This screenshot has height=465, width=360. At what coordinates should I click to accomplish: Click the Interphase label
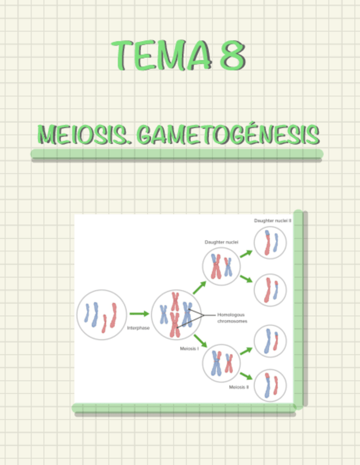click(x=138, y=328)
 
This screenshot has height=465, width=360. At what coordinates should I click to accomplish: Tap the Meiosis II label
click(x=239, y=387)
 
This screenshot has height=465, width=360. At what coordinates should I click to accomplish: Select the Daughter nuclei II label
click(x=273, y=220)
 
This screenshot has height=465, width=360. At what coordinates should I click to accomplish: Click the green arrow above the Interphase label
click(x=139, y=314)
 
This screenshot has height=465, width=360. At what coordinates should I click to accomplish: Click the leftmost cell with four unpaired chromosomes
click(x=102, y=315)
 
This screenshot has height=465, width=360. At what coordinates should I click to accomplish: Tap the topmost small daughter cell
click(x=270, y=243)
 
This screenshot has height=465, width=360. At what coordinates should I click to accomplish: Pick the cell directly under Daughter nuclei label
click(x=222, y=266)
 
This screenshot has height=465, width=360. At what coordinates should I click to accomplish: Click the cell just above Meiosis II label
click(x=222, y=363)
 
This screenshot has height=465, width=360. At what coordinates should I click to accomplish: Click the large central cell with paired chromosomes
click(x=176, y=315)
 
